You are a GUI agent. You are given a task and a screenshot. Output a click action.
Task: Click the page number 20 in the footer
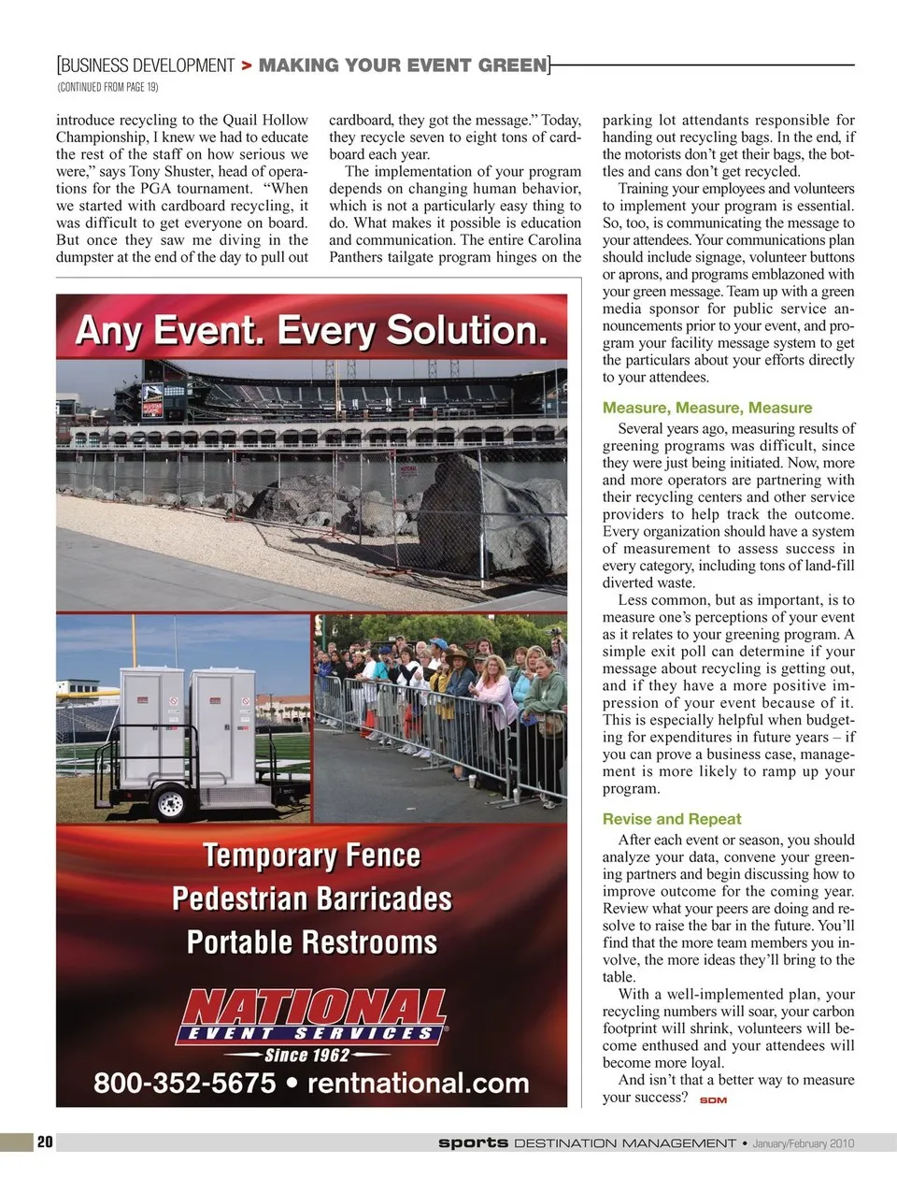point(45,1142)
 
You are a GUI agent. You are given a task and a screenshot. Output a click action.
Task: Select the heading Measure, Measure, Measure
point(706,408)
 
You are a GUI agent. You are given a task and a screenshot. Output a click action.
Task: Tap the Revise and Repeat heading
point(671,819)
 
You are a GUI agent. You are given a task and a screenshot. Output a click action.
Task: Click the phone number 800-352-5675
point(184,1084)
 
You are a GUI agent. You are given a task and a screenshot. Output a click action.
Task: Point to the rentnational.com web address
point(418,1084)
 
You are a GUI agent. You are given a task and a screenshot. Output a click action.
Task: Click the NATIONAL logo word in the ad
point(313,1008)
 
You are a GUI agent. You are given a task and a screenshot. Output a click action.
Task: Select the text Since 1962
point(307,1056)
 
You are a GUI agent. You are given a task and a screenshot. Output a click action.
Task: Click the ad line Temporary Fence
point(311,855)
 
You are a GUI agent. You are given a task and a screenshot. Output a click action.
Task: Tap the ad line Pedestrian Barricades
point(311,898)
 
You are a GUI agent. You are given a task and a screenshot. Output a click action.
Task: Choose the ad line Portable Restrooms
point(311,941)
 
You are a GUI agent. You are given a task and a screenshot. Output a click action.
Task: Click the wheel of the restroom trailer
point(171,801)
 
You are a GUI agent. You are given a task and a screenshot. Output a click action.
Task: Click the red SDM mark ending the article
point(713,1099)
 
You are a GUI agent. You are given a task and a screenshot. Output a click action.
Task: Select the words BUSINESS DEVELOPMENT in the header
point(148,65)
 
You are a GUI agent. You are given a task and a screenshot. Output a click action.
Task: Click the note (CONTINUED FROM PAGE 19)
point(107,87)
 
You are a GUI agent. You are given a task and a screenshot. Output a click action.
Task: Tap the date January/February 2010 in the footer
point(803,1142)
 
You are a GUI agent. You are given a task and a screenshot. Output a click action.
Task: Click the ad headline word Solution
point(466,331)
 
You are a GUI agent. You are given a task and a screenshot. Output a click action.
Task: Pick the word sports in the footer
point(473,1142)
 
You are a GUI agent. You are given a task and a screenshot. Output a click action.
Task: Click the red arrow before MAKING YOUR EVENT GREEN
point(247,65)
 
